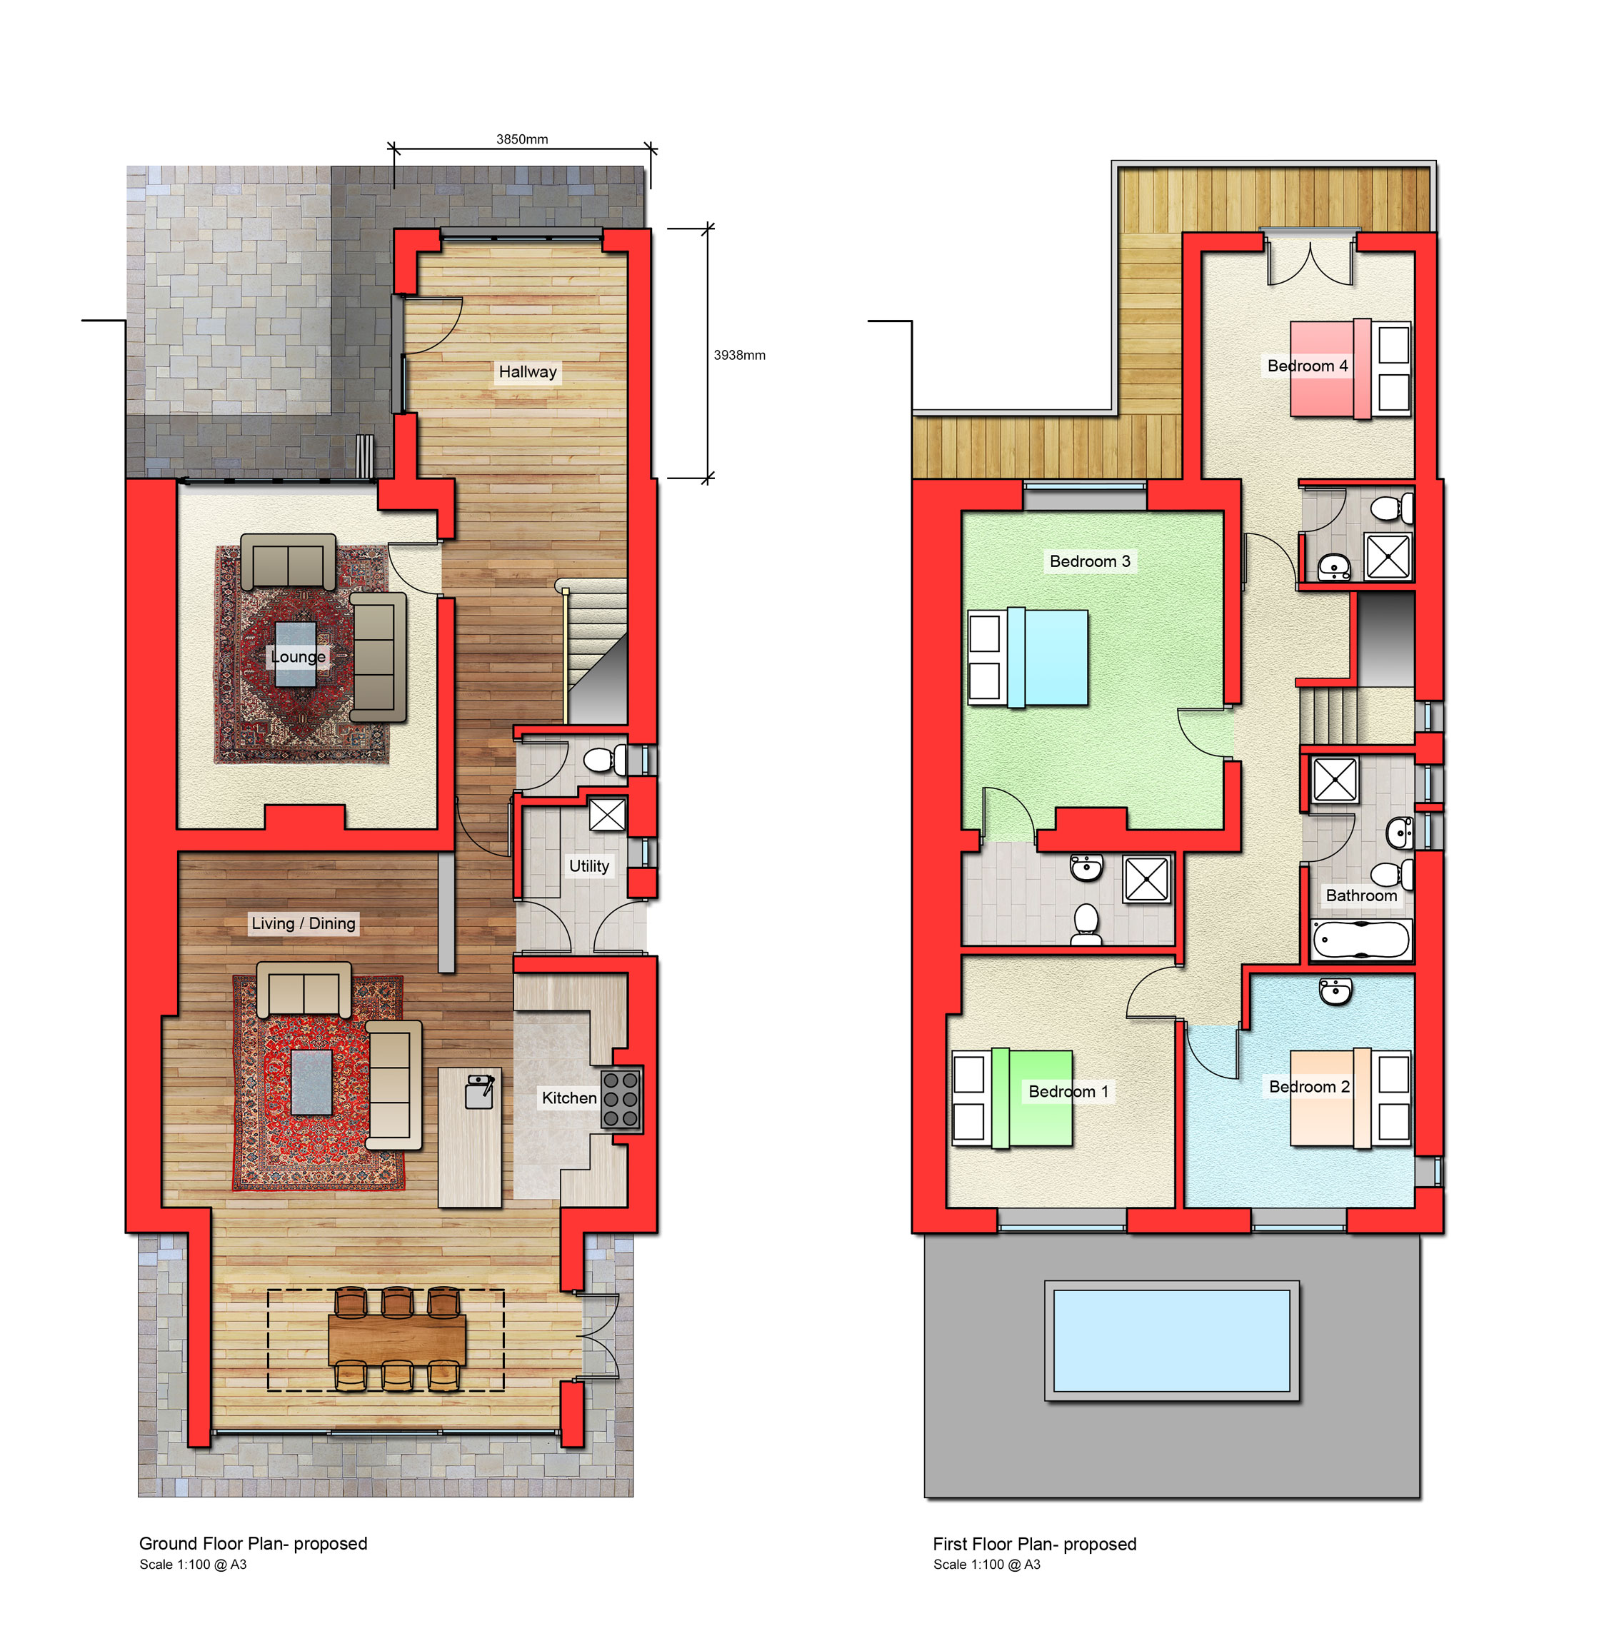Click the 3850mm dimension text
521,139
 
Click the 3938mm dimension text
739,355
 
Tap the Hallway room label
527,371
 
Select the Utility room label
588,866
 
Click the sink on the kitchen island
479,1092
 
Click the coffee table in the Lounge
296,654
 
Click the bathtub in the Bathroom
1361,940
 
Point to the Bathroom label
1361,895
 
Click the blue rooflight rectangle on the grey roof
1171,1341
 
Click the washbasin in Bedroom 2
1335,991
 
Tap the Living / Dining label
304,923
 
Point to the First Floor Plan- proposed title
1035,1544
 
